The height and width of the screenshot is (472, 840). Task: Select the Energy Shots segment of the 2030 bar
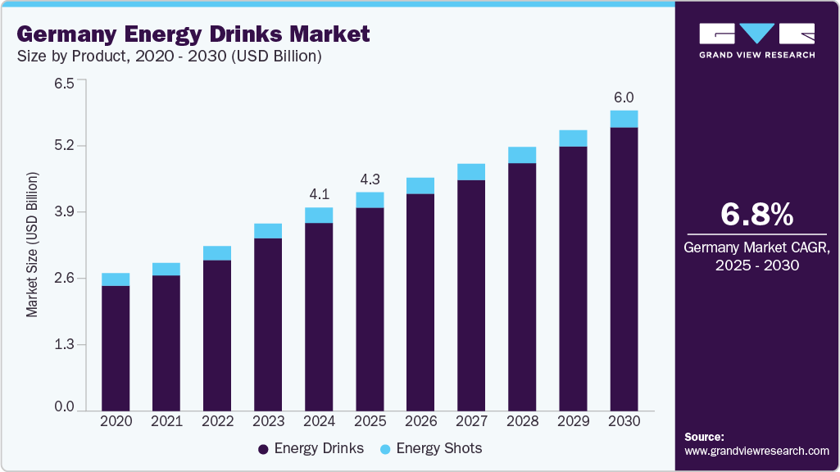pos(624,119)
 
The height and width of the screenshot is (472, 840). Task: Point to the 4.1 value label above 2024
pos(319,194)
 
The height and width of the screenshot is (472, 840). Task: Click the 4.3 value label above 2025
pos(370,179)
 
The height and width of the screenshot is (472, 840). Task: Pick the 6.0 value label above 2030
pos(624,98)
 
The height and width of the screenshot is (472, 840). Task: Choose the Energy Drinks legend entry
pos(311,448)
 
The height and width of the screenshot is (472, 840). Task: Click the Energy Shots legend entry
pos(432,448)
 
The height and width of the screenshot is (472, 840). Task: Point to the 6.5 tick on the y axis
pos(64,83)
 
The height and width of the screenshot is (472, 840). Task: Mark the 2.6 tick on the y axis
pos(64,279)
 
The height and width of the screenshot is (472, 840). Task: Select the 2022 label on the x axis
pos(217,421)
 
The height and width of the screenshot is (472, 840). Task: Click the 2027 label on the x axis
pos(471,421)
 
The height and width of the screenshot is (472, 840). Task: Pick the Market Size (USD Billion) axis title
pos(32,245)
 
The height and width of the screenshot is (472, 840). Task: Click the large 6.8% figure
pos(756,215)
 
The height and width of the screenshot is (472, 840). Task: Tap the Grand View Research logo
pos(756,40)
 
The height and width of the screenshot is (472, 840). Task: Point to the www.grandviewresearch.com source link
pos(756,451)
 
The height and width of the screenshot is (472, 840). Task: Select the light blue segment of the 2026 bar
pos(420,185)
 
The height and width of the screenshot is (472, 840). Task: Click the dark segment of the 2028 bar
pos(522,287)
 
